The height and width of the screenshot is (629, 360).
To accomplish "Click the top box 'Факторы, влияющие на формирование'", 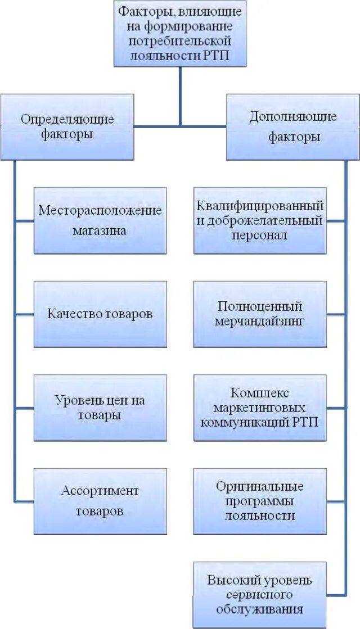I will (180, 34).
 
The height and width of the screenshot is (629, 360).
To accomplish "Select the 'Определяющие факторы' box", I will (67, 127).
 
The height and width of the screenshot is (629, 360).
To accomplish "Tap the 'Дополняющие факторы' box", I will (292, 127).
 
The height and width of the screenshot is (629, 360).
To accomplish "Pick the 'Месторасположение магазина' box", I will (100, 220).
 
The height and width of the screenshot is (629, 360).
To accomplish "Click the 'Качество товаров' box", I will (100, 314).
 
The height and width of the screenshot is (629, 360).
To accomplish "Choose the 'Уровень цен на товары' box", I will (100, 408).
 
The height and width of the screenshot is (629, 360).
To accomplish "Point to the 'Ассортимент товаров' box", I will (100, 501).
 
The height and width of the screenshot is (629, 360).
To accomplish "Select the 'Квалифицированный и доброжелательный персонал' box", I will (259, 220).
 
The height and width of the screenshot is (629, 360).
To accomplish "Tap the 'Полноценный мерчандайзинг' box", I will (259, 314).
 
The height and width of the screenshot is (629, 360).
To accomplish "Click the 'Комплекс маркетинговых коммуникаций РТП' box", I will (259, 408).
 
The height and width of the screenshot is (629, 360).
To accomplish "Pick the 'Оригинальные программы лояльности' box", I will (259, 501).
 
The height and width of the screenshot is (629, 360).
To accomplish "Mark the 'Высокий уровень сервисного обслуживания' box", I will (259, 595).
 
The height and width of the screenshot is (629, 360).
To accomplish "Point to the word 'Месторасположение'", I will (100, 211).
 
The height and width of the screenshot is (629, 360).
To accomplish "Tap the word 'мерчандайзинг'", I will (259, 322).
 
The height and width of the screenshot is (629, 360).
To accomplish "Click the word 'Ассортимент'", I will (100, 491).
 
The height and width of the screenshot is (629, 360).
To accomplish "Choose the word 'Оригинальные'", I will (259, 486).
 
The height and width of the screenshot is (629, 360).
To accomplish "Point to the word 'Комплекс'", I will (259, 393).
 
